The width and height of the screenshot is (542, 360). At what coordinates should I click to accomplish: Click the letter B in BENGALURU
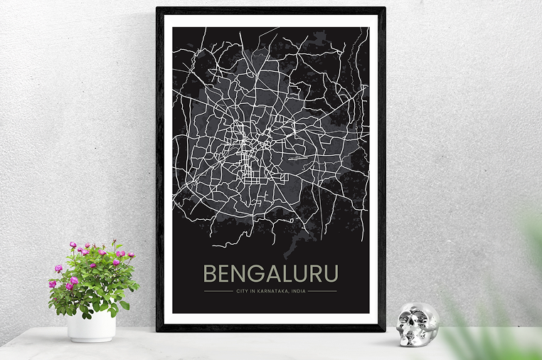(x=210, y=274)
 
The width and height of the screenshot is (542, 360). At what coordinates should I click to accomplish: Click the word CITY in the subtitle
(x=241, y=290)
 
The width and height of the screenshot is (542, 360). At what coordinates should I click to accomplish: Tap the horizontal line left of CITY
(x=218, y=290)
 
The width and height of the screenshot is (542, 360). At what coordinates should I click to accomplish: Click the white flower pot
(x=91, y=326)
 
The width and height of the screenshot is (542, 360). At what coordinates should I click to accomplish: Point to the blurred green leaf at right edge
(x=530, y=235)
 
